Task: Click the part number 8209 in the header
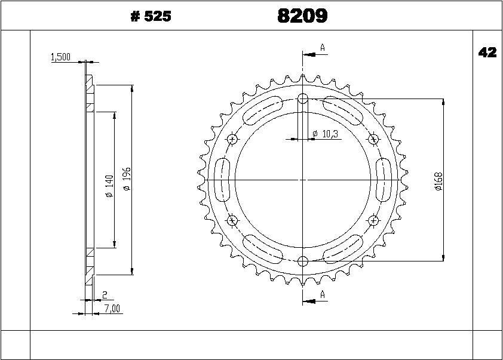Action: (302, 16)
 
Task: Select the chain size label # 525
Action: (151, 16)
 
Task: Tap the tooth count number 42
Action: (487, 53)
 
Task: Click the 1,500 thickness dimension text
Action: (60, 57)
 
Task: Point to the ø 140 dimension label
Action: (110, 186)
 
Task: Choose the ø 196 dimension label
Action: (127, 179)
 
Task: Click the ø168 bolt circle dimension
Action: (438, 181)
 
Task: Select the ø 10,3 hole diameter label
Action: (326, 134)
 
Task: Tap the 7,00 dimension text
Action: (112, 309)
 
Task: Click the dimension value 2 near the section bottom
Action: (105, 295)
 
